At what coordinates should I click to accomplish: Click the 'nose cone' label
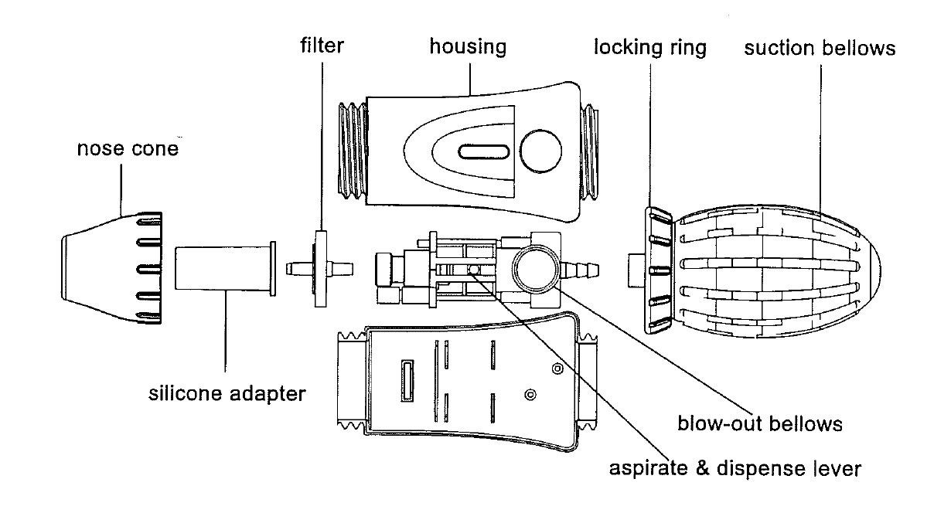coord(128,148)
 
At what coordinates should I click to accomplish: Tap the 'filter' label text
coord(322,46)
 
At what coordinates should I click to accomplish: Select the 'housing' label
coord(468,46)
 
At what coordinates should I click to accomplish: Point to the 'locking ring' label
coord(650,47)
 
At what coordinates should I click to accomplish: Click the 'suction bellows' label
coord(820,48)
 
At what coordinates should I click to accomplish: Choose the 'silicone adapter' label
coord(227,393)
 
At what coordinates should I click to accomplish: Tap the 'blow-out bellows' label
coord(760,423)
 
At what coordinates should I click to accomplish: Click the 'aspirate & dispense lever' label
coord(735,468)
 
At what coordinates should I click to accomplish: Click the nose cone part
coord(112,268)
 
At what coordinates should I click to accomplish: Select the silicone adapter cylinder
coord(226,269)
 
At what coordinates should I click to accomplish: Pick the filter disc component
coord(321,269)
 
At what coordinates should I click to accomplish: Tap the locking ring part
coord(658,270)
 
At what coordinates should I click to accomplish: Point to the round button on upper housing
coord(540,151)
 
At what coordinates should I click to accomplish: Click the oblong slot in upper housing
coord(483,152)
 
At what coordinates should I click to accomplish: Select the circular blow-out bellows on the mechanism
coord(536,269)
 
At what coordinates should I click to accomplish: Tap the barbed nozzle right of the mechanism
coord(580,270)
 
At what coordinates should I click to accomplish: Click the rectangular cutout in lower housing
coord(407,381)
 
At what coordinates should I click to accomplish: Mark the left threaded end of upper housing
coord(353,150)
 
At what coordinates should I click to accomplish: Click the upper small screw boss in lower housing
coord(557,369)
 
